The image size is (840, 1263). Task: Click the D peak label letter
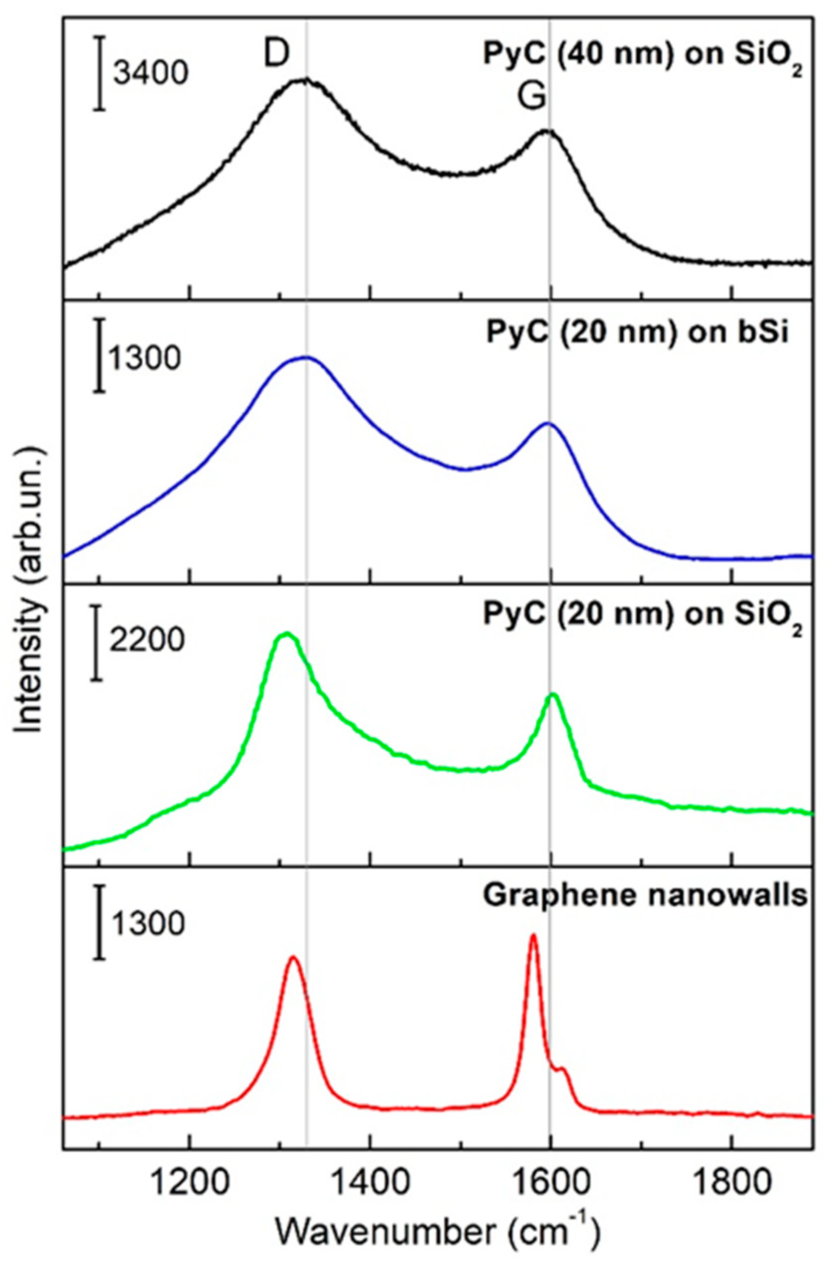tap(276, 54)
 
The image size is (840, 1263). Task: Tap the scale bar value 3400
tap(150, 72)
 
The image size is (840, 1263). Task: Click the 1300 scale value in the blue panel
tap(144, 358)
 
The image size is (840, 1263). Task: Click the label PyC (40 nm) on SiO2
tap(643, 54)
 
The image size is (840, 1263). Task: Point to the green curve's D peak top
tap(287, 634)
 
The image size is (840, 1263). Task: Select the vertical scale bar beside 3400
tap(100, 73)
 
